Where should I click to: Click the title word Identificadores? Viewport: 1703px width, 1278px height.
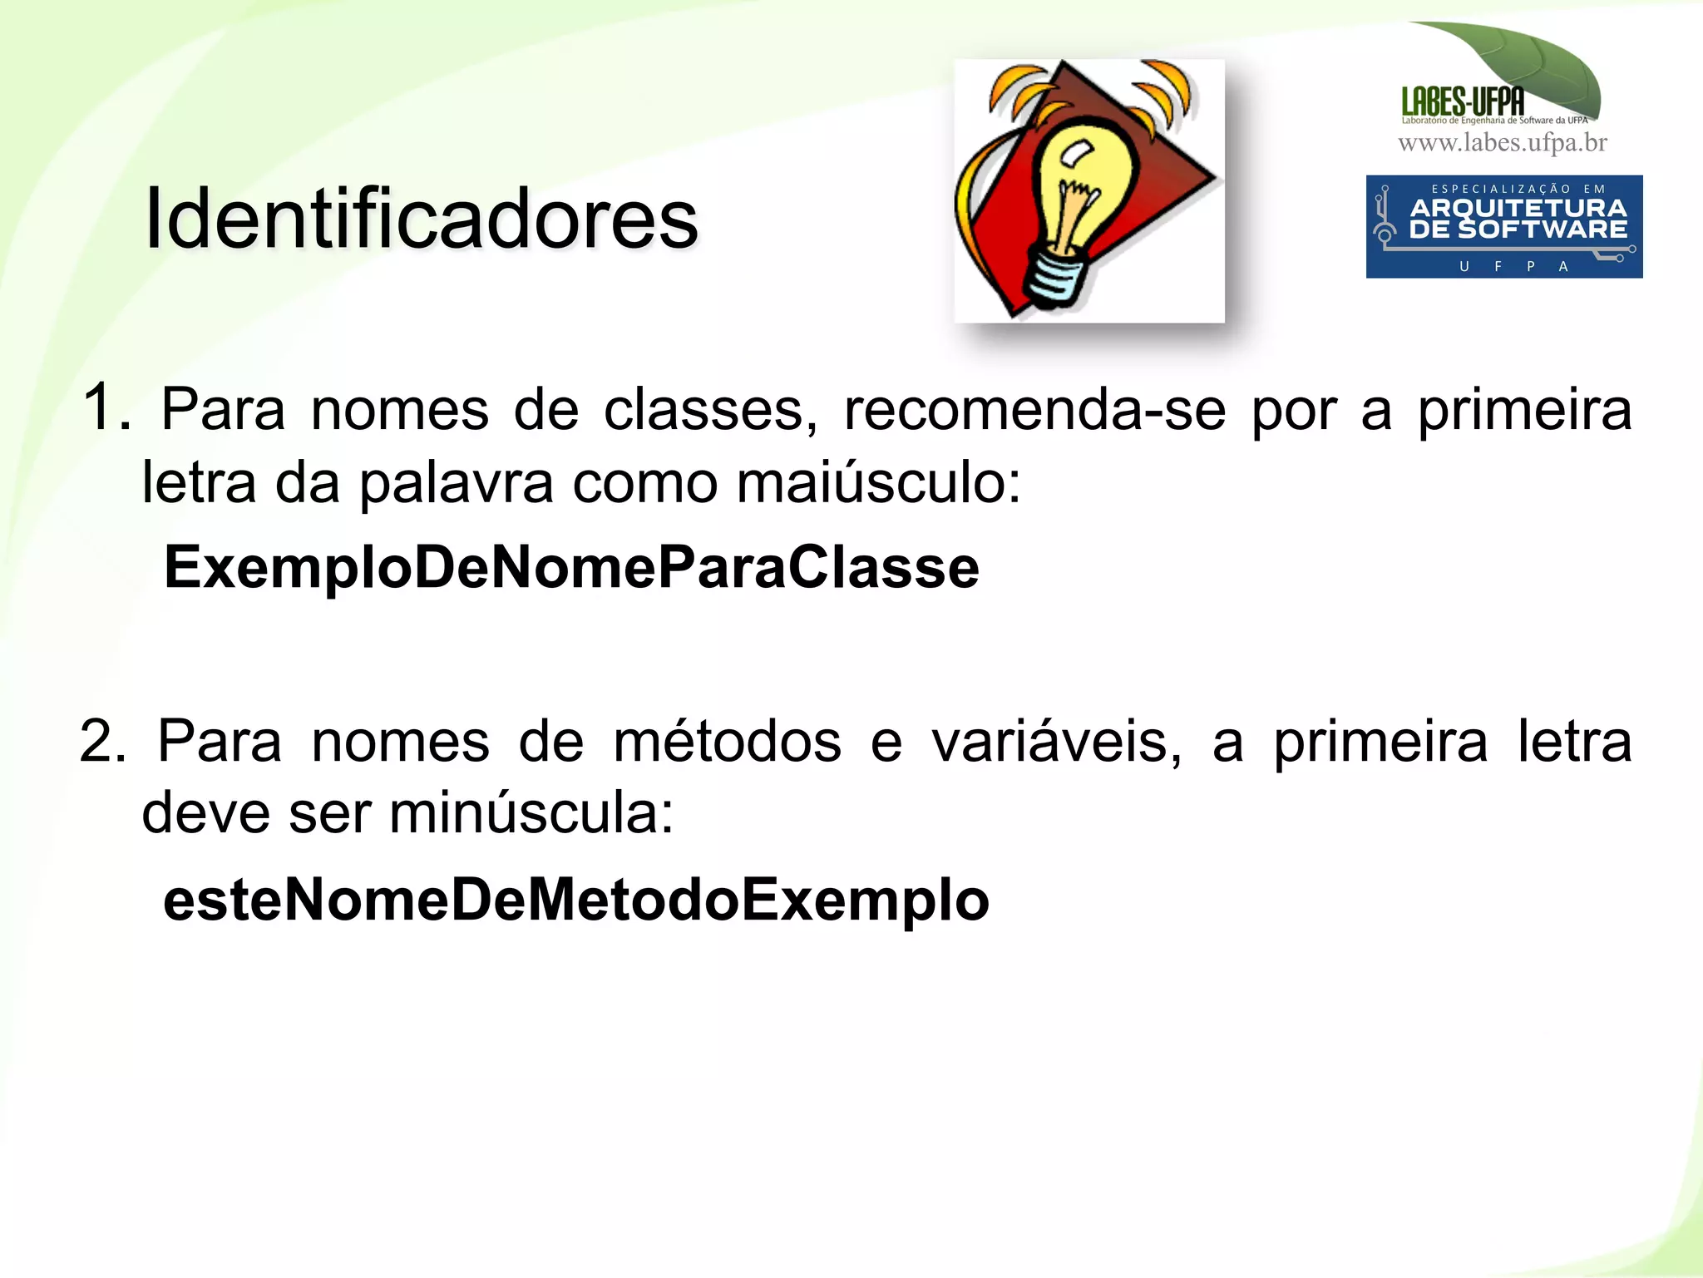click(x=421, y=219)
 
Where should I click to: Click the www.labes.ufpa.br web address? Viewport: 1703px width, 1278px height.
click(x=1503, y=143)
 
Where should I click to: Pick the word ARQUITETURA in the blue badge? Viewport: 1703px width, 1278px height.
click(x=1518, y=208)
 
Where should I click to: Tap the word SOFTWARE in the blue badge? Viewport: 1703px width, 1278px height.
click(x=1543, y=229)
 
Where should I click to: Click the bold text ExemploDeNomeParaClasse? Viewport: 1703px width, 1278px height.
click(x=571, y=567)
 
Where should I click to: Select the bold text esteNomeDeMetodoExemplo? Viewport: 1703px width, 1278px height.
click(x=576, y=900)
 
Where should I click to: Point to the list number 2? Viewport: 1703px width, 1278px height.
click(x=101, y=740)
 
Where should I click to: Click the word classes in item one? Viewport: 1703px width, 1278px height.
click(x=710, y=409)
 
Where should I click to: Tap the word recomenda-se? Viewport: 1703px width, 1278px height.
click(x=1034, y=409)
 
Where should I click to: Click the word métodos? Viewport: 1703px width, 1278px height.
click(x=727, y=740)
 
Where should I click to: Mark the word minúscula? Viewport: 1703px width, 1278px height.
click(x=531, y=812)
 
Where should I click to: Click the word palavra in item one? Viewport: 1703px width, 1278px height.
click(x=456, y=482)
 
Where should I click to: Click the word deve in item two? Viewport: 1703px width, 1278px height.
click(x=205, y=812)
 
